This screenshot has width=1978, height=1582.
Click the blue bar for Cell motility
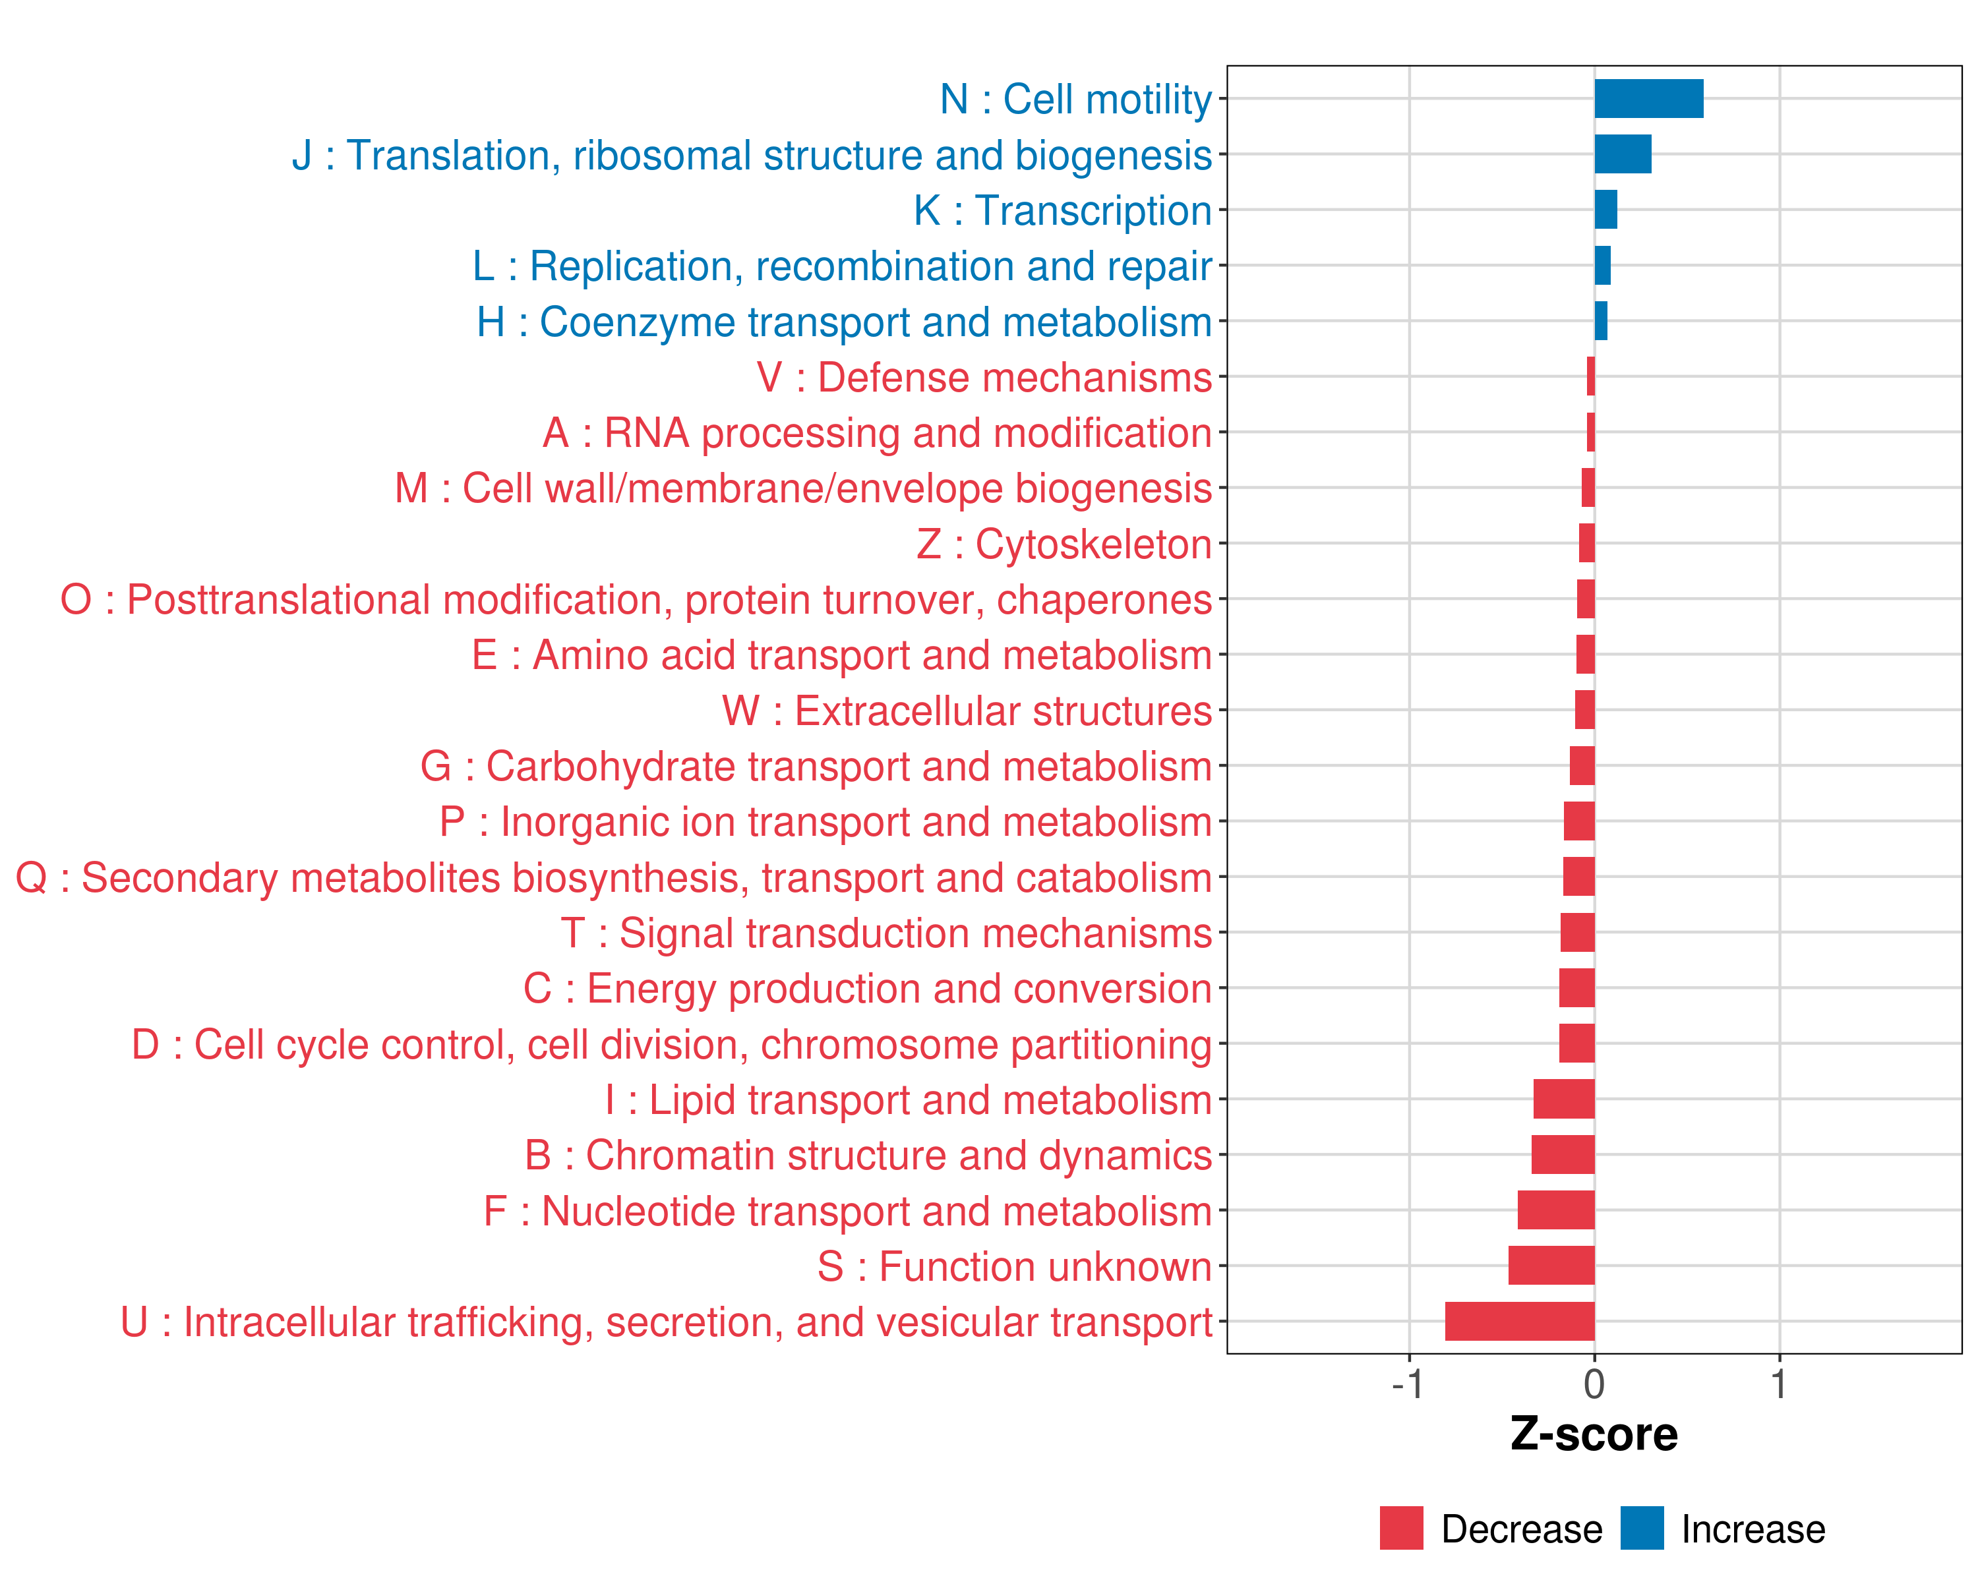tap(1648, 99)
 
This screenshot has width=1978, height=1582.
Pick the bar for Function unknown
tap(1551, 1266)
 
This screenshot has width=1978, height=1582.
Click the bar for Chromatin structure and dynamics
tap(1563, 1155)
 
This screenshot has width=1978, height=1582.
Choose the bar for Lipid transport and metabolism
tap(1563, 1099)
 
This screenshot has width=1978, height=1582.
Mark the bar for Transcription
tap(1605, 210)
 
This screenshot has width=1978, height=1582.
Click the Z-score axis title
tap(1594, 1434)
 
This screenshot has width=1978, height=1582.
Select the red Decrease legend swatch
tap(1401, 1528)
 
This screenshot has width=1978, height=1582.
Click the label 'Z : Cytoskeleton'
tap(1064, 544)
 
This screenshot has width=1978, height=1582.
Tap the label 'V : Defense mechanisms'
tap(984, 378)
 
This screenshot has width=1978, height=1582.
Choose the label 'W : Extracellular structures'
tap(967, 711)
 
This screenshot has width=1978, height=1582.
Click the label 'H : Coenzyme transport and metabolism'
tap(844, 322)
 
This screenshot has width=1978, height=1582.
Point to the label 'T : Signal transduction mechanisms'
tap(886, 933)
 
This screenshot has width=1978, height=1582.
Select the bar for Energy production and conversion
tap(1576, 987)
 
